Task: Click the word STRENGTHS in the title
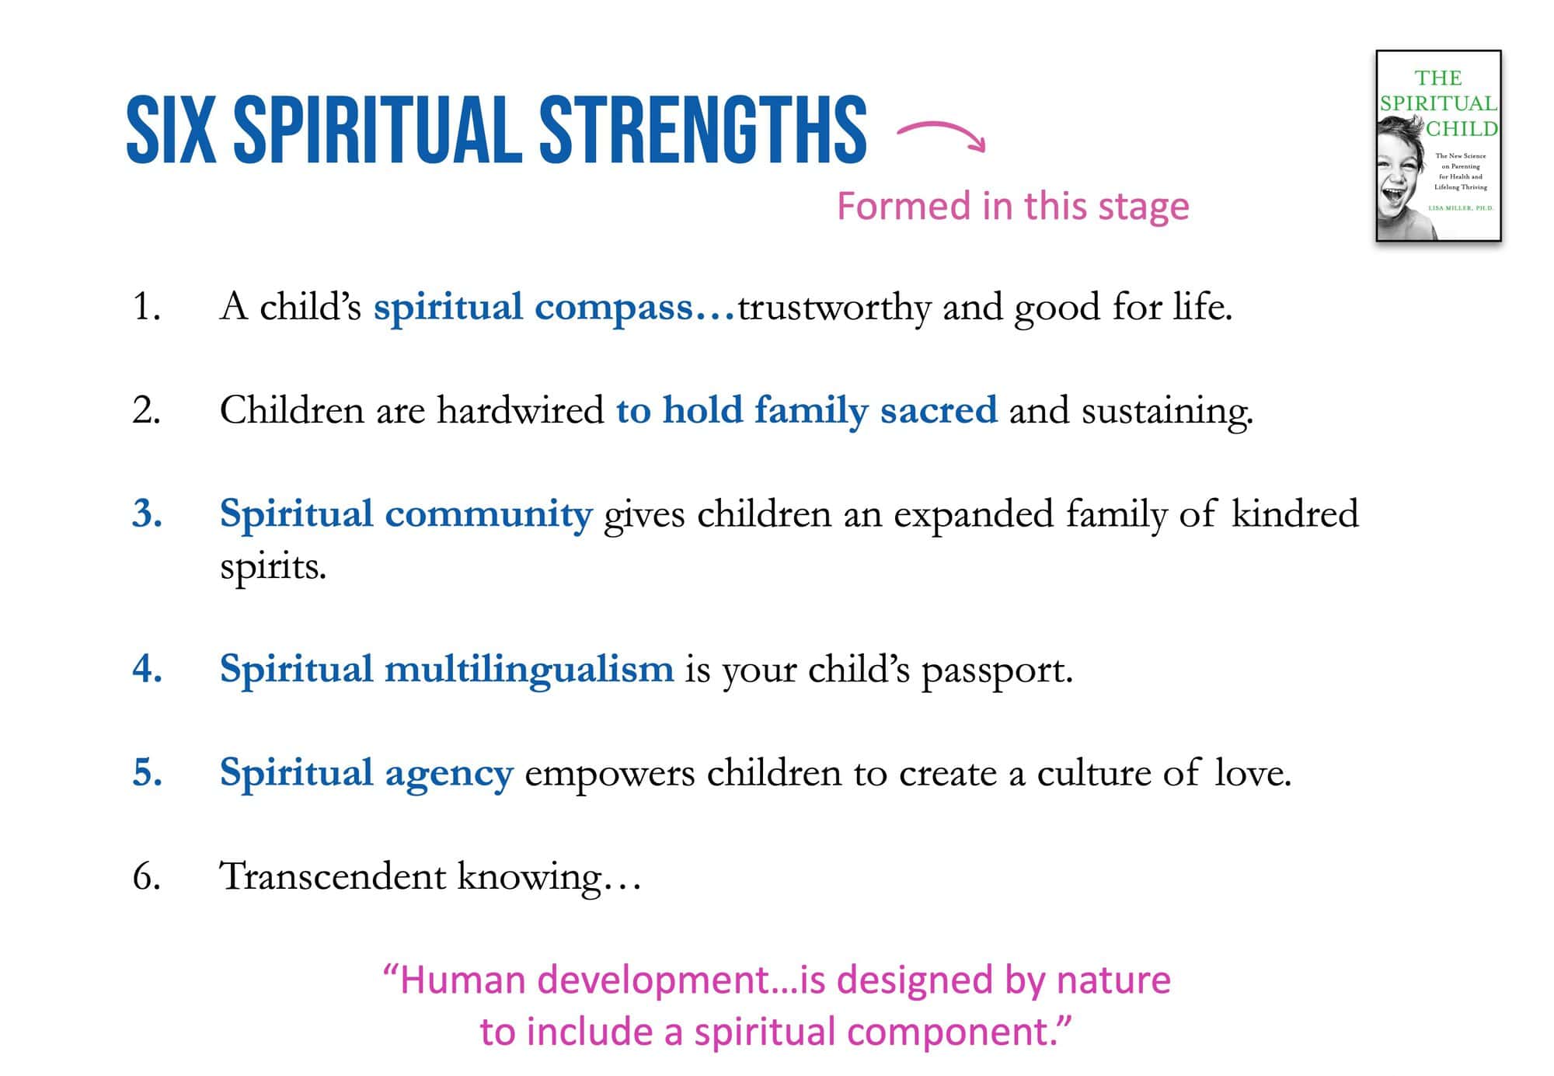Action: pyautogui.click(x=702, y=130)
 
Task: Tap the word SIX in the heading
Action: pyautogui.click(x=171, y=130)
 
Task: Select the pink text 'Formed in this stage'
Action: pyautogui.click(x=1012, y=206)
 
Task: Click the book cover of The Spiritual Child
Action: pyautogui.click(x=1438, y=146)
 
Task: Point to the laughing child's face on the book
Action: pyautogui.click(x=1399, y=175)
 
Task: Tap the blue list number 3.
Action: pyautogui.click(x=147, y=514)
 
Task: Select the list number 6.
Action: pyautogui.click(x=147, y=876)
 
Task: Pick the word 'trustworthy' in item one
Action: pyautogui.click(x=834, y=308)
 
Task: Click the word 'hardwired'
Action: pyautogui.click(x=520, y=409)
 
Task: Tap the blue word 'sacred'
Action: pyautogui.click(x=939, y=410)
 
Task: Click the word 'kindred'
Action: pyautogui.click(x=1294, y=514)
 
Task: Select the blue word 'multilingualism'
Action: pyautogui.click(x=529, y=670)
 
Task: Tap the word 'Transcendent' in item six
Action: pyautogui.click(x=333, y=876)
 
